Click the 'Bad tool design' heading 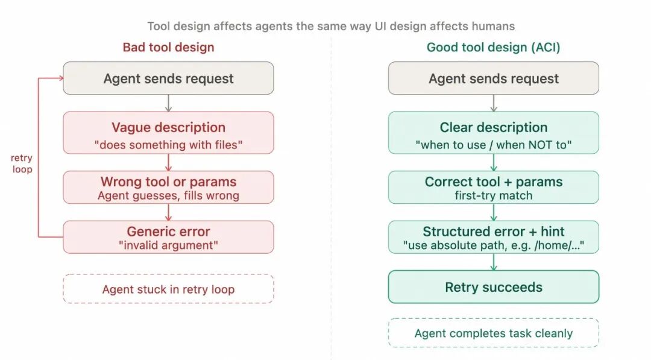pyautogui.click(x=168, y=47)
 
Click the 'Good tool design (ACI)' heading pyautogui.click(x=493, y=47)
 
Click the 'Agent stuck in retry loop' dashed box pyautogui.click(x=168, y=289)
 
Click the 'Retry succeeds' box pyautogui.click(x=493, y=287)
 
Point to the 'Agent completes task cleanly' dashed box pyautogui.click(x=493, y=333)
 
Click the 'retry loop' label pyautogui.click(x=22, y=163)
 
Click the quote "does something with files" pyautogui.click(x=168, y=145)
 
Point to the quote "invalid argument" pyautogui.click(x=168, y=245)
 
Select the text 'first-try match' pyautogui.click(x=493, y=195)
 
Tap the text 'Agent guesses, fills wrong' pyautogui.click(x=168, y=195)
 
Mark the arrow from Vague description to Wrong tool pyautogui.click(x=168, y=162)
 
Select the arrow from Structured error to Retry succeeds pyautogui.click(x=493, y=262)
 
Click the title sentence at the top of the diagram pyautogui.click(x=331, y=27)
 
